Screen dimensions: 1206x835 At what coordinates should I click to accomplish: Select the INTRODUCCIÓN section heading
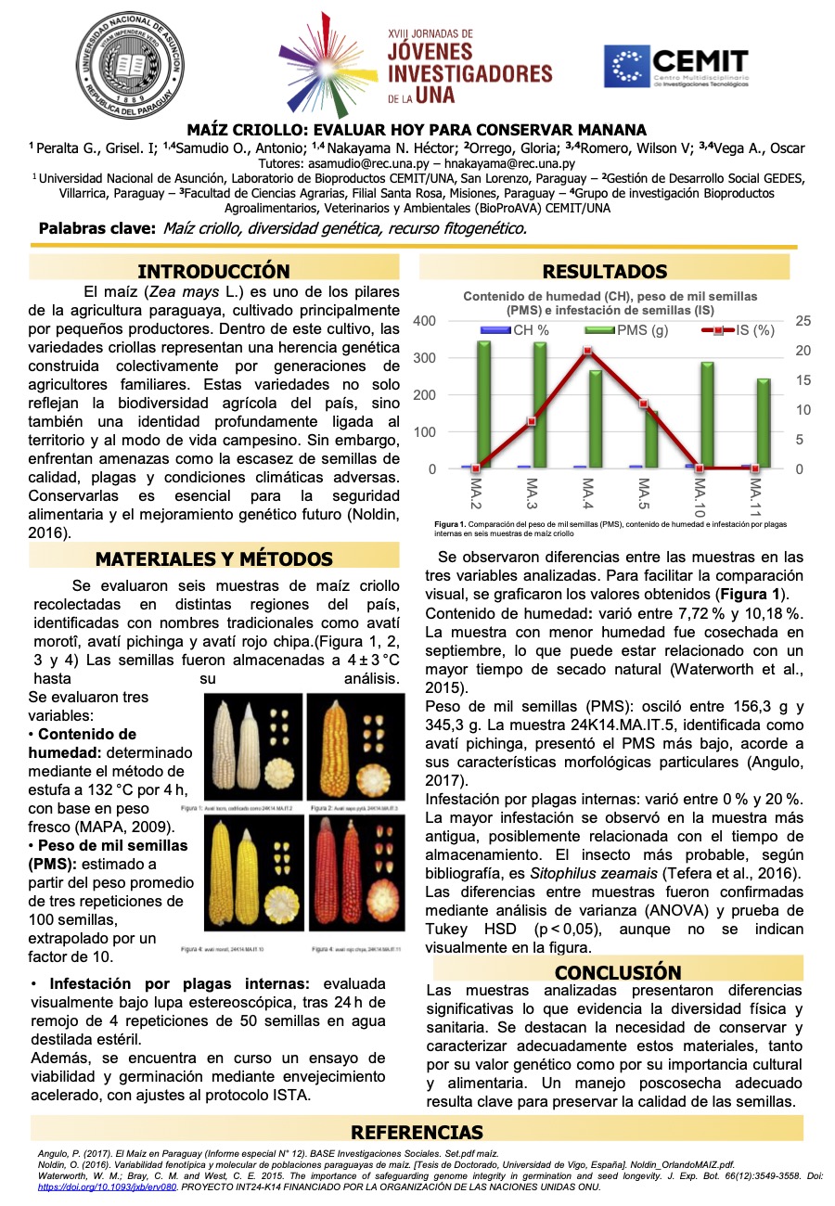click(213, 271)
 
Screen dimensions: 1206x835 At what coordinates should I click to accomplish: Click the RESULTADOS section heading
click(604, 271)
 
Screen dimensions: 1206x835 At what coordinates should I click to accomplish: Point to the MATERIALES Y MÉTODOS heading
click(213, 558)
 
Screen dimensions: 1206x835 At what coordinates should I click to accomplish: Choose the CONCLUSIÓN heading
click(617, 971)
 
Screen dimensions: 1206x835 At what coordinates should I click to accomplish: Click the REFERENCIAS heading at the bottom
click(417, 1132)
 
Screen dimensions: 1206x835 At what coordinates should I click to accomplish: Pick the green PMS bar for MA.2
click(483, 404)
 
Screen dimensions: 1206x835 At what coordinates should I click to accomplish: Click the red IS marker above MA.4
click(587, 351)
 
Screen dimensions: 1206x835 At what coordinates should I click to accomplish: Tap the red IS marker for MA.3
click(532, 421)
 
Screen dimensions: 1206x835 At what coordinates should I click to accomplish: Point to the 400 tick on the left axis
click(423, 321)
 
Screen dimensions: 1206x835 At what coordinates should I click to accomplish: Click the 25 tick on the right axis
click(803, 321)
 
